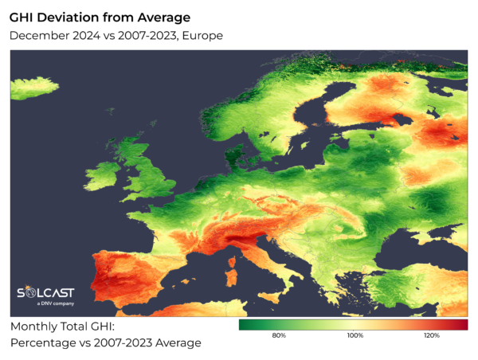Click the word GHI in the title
(x=25, y=16)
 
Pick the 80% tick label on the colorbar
(x=279, y=335)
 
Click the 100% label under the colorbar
(x=355, y=335)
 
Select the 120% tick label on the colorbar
(x=431, y=335)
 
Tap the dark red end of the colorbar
(x=464, y=324)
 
